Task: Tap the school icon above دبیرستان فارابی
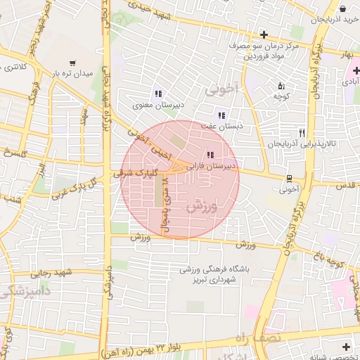click(210, 155)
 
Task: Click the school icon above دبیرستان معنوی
click(158, 94)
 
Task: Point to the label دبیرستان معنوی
click(159, 105)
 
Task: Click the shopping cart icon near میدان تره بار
click(72, 63)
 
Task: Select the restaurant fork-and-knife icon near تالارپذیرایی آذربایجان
click(302, 132)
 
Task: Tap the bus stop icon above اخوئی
click(289, 178)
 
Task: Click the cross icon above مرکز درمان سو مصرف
click(264, 34)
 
